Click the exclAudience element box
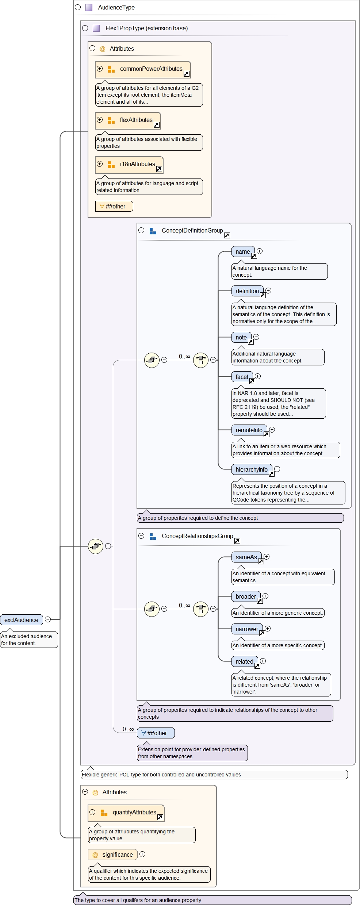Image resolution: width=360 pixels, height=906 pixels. pos(22,620)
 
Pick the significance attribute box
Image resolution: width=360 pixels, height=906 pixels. pos(113,855)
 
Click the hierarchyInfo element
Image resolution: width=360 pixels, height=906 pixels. pos(252,469)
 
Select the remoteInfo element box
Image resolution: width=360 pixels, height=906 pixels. pos(249,430)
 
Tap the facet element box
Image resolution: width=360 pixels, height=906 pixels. pos(242,377)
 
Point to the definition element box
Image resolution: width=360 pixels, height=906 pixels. pos(247,291)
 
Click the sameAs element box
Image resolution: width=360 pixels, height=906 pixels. pos(246,557)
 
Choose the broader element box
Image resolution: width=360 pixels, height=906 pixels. pos(246,596)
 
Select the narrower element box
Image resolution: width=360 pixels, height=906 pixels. pos(247,629)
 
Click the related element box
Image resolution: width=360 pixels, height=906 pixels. pos(245,661)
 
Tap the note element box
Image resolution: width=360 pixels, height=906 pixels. pos(241,337)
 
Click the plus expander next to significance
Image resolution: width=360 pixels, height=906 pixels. pos(142,854)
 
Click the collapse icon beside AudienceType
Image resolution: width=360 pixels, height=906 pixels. pos(78,7)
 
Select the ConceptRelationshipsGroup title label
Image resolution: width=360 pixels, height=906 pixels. pos(197,536)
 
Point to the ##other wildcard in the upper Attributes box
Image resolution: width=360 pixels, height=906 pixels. pos(114,206)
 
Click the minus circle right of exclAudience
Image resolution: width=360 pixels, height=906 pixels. pos(48,619)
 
